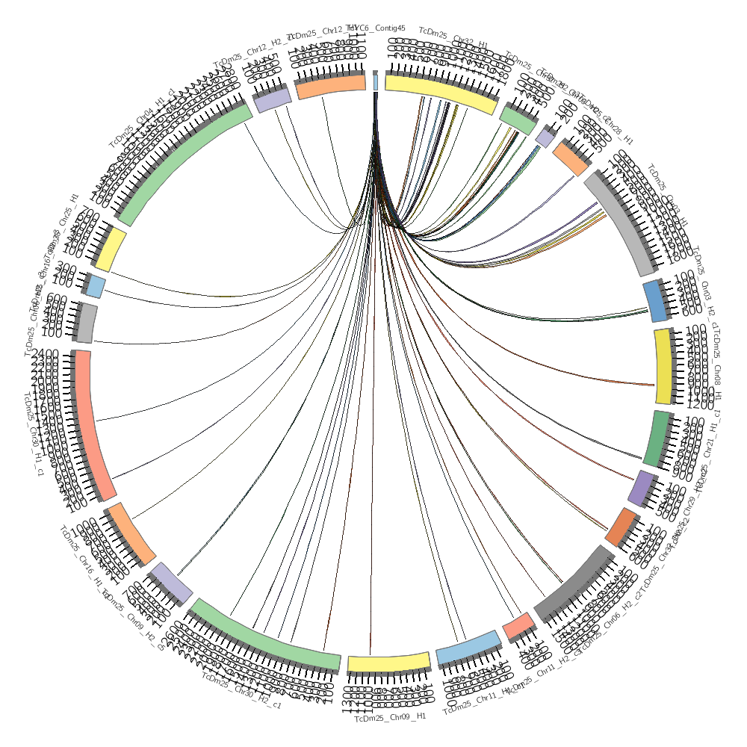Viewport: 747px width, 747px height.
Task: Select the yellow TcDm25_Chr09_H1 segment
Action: (389, 663)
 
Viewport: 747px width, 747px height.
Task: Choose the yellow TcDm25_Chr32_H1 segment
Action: (441, 93)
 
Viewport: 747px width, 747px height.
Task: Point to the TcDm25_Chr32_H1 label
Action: (453, 37)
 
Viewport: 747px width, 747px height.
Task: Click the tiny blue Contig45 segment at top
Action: (375, 81)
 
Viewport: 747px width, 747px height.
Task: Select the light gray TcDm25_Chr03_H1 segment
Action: (624, 220)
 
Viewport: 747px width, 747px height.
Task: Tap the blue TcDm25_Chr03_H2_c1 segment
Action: (655, 300)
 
